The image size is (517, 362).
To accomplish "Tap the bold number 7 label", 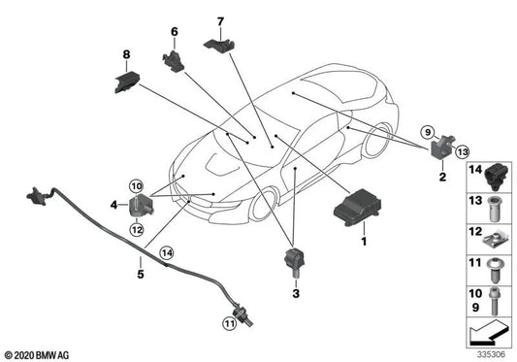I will [x=220, y=20].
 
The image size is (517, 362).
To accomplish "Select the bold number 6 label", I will [x=176, y=31].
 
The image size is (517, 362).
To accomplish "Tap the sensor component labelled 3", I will [x=292, y=261].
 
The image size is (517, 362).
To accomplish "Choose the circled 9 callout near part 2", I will [x=425, y=131].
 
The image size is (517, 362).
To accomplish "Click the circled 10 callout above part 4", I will [x=136, y=183].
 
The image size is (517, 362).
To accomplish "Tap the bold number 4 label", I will [x=113, y=205].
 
